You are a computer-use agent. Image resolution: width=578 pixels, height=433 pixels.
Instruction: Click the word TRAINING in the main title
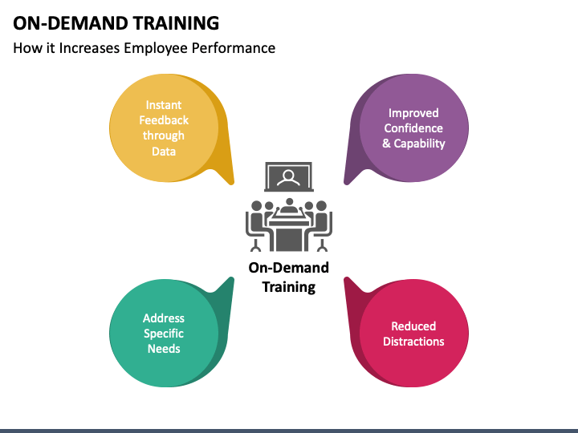click(176, 23)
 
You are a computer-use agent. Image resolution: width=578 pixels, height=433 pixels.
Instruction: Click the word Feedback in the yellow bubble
click(164, 120)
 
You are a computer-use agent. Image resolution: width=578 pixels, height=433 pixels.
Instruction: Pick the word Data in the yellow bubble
click(164, 152)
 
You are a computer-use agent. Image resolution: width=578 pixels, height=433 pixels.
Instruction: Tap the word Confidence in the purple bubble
click(413, 128)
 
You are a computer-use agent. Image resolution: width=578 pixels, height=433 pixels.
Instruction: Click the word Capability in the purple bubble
click(420, 144)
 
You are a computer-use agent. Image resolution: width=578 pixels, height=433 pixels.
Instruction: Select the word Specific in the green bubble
click(164, 334)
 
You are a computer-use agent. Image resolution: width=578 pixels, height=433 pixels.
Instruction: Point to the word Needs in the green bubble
click(164, 349)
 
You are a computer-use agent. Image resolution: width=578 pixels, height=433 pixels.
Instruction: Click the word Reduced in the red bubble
click(413, 326)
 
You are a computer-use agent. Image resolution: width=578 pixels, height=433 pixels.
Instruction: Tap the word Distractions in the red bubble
click(413, 342)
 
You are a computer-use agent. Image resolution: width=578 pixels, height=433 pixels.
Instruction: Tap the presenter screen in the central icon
click(289, 176)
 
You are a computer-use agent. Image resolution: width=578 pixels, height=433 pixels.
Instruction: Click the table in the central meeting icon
click(289, 234)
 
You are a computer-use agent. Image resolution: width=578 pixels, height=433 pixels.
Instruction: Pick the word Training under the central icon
click(289, 287)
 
